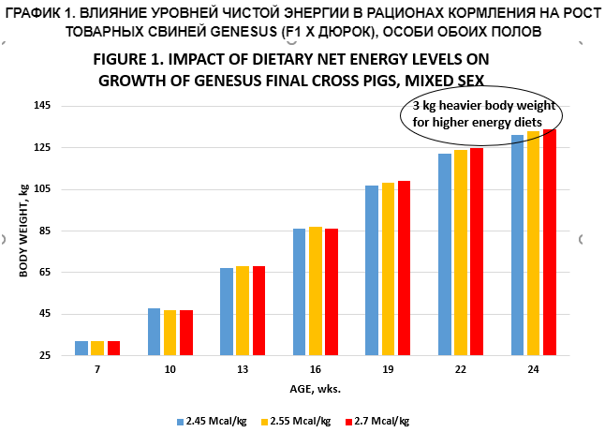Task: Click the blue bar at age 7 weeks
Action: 81,348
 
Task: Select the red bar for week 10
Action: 185,333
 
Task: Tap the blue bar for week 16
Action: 300,291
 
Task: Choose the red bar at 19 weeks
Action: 404,268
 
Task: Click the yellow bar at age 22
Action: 461,252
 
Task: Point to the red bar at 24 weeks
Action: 550,242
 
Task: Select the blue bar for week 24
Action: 518,245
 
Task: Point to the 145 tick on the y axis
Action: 44,106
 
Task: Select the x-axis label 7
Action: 97,370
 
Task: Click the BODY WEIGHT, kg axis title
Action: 22,231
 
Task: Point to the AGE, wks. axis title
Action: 314,388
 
